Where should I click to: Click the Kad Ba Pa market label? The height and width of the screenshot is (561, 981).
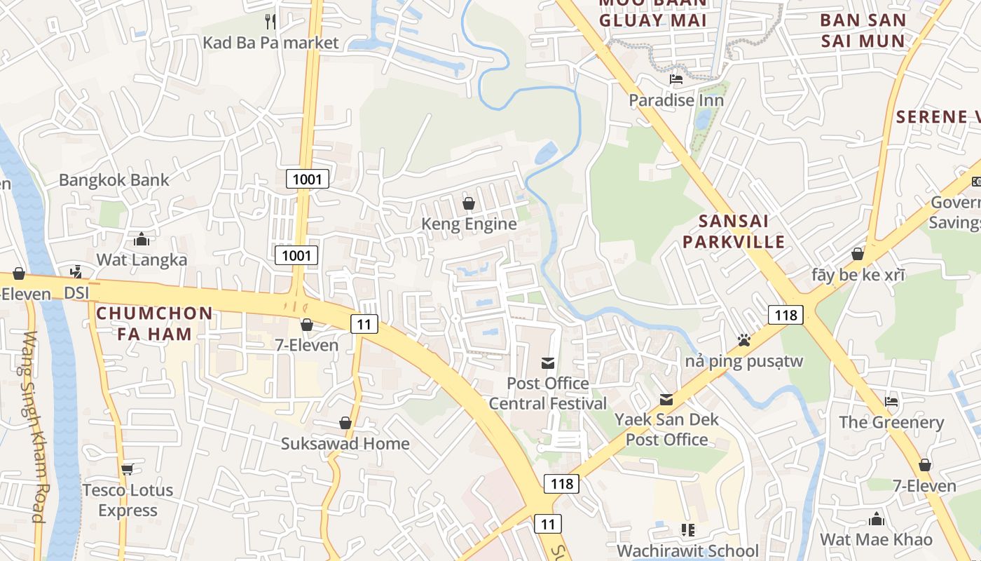(x=270, y=43)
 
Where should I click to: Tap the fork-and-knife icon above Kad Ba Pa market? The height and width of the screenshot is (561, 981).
(x=270, y=21)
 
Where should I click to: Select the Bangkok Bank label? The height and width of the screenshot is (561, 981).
(x=114, y=180)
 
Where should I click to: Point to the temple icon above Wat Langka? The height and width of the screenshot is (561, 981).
(x=142, y=240)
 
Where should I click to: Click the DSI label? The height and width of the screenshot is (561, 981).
(x=76, y=292)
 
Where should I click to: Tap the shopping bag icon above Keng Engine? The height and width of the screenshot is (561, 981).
(x=469, y=203)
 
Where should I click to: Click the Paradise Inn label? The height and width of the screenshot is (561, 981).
(x=675, y=100)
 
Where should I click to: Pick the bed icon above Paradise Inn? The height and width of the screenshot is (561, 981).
(x=675, y=79)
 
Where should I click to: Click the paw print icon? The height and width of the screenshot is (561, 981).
(x=743, y=341)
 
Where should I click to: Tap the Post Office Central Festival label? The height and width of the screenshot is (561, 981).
(x=547, y=393)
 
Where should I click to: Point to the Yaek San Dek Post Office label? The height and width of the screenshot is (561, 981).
(x=666, y=429)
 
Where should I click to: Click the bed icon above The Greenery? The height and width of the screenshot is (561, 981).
(x=891, y=402)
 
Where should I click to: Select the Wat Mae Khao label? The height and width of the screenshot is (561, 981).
(x=876, y=539)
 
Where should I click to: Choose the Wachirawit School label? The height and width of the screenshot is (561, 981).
(x=687, y=551)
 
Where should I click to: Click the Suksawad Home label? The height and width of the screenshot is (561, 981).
(x=345, y=444)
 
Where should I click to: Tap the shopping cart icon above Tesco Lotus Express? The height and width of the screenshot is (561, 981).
(x=127, y=469)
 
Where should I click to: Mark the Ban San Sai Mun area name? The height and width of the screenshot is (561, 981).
(x=863, y=30)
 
